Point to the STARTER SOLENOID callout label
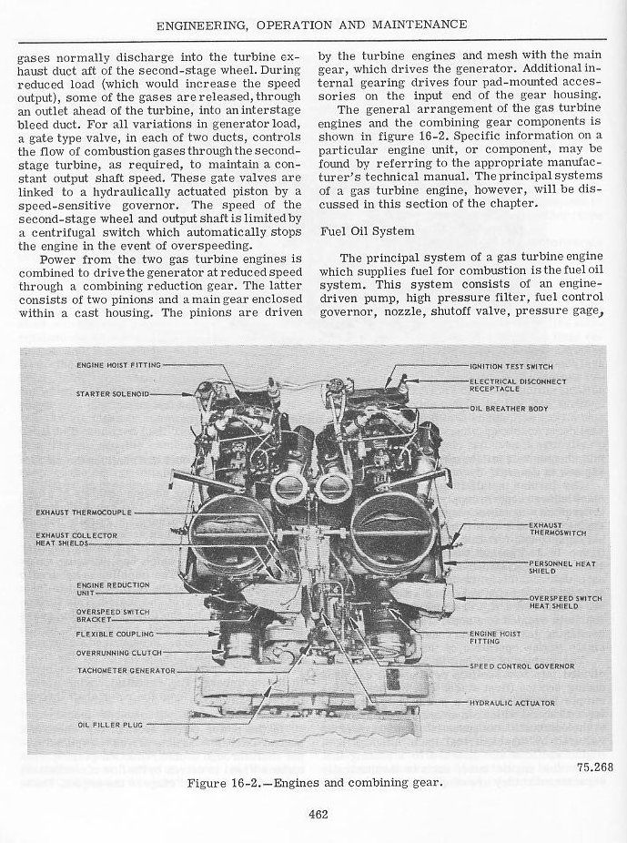(112, 394)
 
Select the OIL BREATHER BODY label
(509, 408)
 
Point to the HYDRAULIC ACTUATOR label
(511, 703)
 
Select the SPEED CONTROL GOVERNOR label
(521, 665)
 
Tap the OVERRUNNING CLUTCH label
(118, 652)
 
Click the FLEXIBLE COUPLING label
(115, 634)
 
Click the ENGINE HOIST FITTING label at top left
(118, 365)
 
